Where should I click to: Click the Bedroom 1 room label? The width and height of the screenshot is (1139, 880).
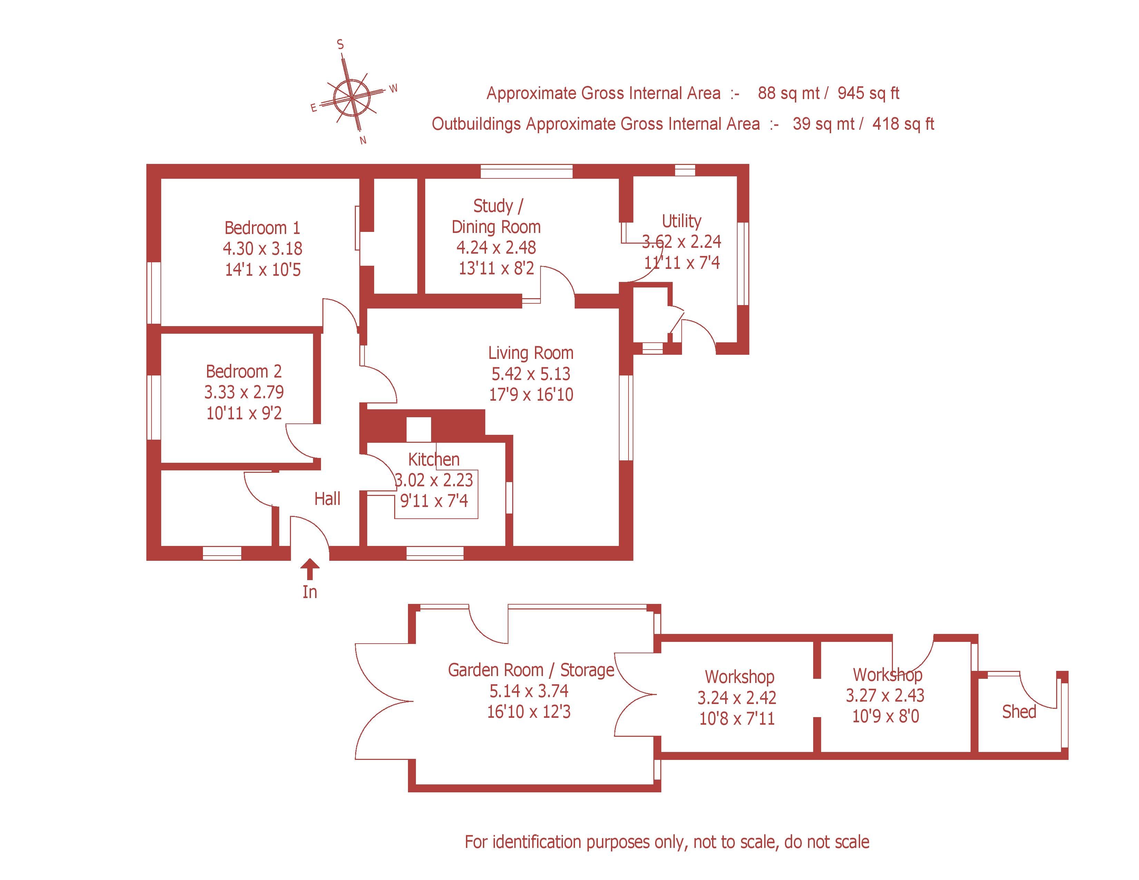[x=262, y=228]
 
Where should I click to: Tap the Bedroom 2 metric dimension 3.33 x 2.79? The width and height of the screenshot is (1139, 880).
[x=244, y=392]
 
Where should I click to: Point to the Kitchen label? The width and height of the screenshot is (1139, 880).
[x=434, y=459]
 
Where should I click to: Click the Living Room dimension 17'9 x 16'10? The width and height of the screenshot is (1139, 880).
[x=530, y=395]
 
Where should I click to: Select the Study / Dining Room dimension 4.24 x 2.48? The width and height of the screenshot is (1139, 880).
[x=496, y=248]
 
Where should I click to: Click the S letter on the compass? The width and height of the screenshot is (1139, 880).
[x=341, y=45]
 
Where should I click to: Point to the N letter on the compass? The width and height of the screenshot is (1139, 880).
[x=363, y=140]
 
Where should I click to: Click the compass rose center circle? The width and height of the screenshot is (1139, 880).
[x=352, y=97]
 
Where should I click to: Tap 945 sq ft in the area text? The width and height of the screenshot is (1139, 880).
[x=868, y=93]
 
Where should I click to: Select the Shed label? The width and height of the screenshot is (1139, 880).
[x=1019, y=712]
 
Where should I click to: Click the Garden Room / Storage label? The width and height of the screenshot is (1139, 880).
[x=531, y=670]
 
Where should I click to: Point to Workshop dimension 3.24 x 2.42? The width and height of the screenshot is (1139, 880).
[x=737, y=697]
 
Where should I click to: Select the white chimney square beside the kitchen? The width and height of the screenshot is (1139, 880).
[x=418, y=429]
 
